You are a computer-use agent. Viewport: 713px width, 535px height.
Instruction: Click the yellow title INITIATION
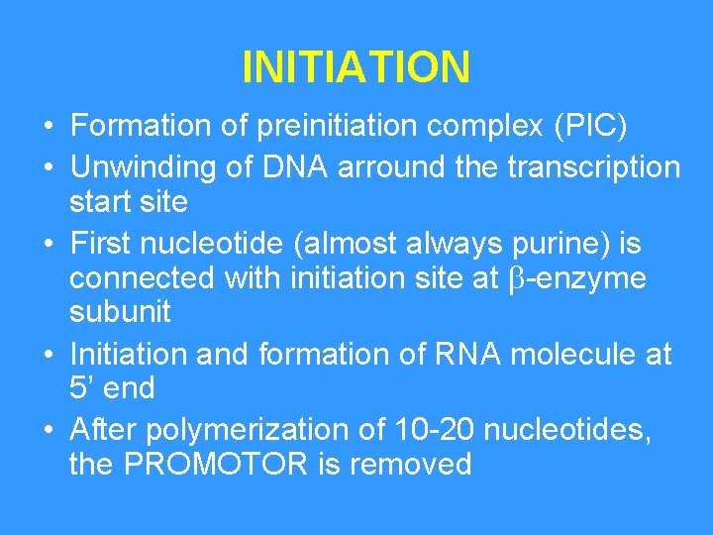point(356,67)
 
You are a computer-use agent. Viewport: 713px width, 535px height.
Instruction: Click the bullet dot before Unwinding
point(48,166)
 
